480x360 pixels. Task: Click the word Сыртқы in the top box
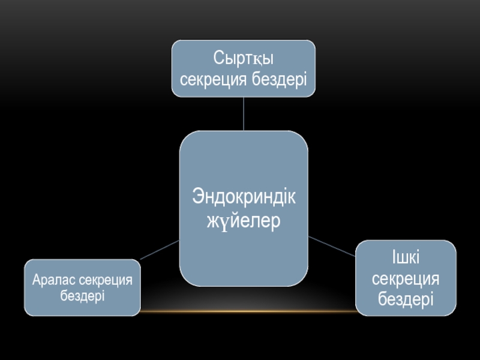(x=244, y=59)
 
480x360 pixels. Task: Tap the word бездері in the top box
(x=280, y=79)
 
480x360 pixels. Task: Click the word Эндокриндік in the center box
(x=244, y=197)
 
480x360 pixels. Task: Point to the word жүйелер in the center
(x=244, y=220)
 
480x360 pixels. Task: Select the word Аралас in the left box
(x=52, y=280)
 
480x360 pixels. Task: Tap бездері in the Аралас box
(x=82, y=295)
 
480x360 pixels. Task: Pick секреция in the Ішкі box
(x=406, y=278)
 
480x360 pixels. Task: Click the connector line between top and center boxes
(x=244, y=114)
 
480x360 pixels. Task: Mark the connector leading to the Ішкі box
(x=332, y=246)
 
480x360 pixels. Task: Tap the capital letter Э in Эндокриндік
(x=198, y=197)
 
